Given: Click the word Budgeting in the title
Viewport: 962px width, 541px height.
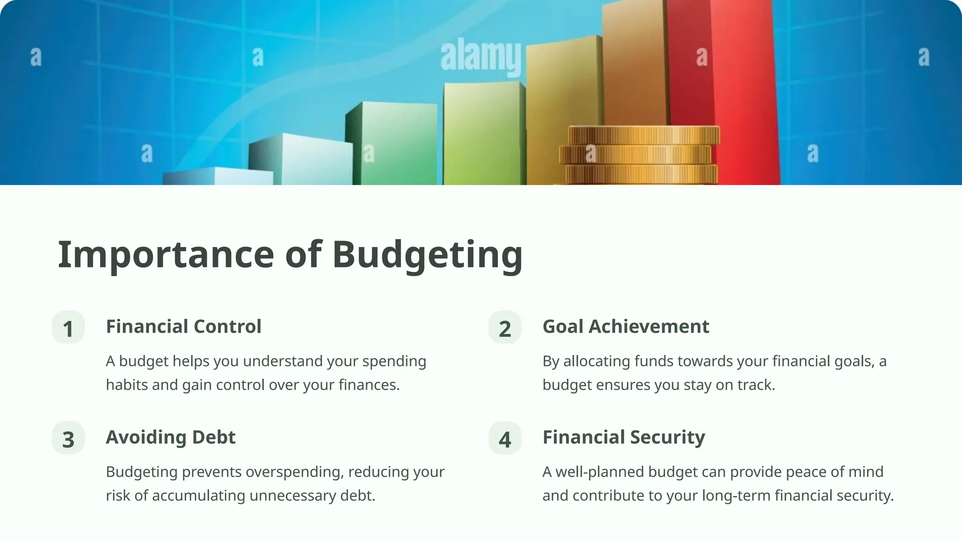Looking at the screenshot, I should click(x=427, y=255).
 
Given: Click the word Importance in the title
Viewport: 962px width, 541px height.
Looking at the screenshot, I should click(x=165, y=255).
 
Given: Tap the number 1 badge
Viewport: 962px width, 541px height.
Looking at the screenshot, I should click(x=68, y=328).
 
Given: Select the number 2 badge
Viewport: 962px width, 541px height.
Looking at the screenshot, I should click(x=505, y=328).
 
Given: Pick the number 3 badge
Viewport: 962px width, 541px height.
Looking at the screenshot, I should click(x=68, y=439).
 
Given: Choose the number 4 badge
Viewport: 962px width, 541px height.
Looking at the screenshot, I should click(x=505, y=439).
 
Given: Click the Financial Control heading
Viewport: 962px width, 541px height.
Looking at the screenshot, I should click(x=184, y=326).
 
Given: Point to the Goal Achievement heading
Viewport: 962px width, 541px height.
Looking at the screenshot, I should click(x=626, y=326).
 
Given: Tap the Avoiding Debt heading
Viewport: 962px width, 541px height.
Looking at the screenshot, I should click(x=171, y=437).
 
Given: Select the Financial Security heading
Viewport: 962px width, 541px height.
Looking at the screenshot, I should click(x=624, y=437).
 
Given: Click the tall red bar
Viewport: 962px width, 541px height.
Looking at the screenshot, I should click(x=733, y=94).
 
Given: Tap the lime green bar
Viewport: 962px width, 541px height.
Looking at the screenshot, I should click(x=484, y=136).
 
